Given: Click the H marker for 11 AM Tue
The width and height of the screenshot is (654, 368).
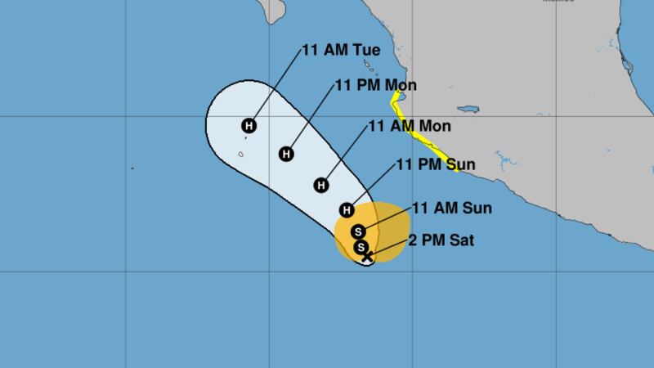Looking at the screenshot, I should pos(249,125).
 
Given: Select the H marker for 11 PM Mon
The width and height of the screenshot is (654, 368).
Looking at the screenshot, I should pos(286,153).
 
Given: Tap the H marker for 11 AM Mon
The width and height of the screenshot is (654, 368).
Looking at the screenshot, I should pos(321,185).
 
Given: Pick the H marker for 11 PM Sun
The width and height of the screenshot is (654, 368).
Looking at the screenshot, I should pos(347,209).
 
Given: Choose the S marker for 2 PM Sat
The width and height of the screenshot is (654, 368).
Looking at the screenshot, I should pos(361,247).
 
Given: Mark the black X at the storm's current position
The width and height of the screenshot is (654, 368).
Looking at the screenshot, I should pos(367,257).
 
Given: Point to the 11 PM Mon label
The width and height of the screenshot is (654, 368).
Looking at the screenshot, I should pos(377,86).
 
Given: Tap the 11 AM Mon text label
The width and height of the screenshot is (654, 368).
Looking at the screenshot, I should pos(410,126).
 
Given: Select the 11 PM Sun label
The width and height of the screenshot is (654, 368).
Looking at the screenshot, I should pos(436,165).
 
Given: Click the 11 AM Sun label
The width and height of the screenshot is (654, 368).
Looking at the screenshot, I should pos(451,208).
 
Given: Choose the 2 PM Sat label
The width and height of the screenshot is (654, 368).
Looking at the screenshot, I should pos(446,240).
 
